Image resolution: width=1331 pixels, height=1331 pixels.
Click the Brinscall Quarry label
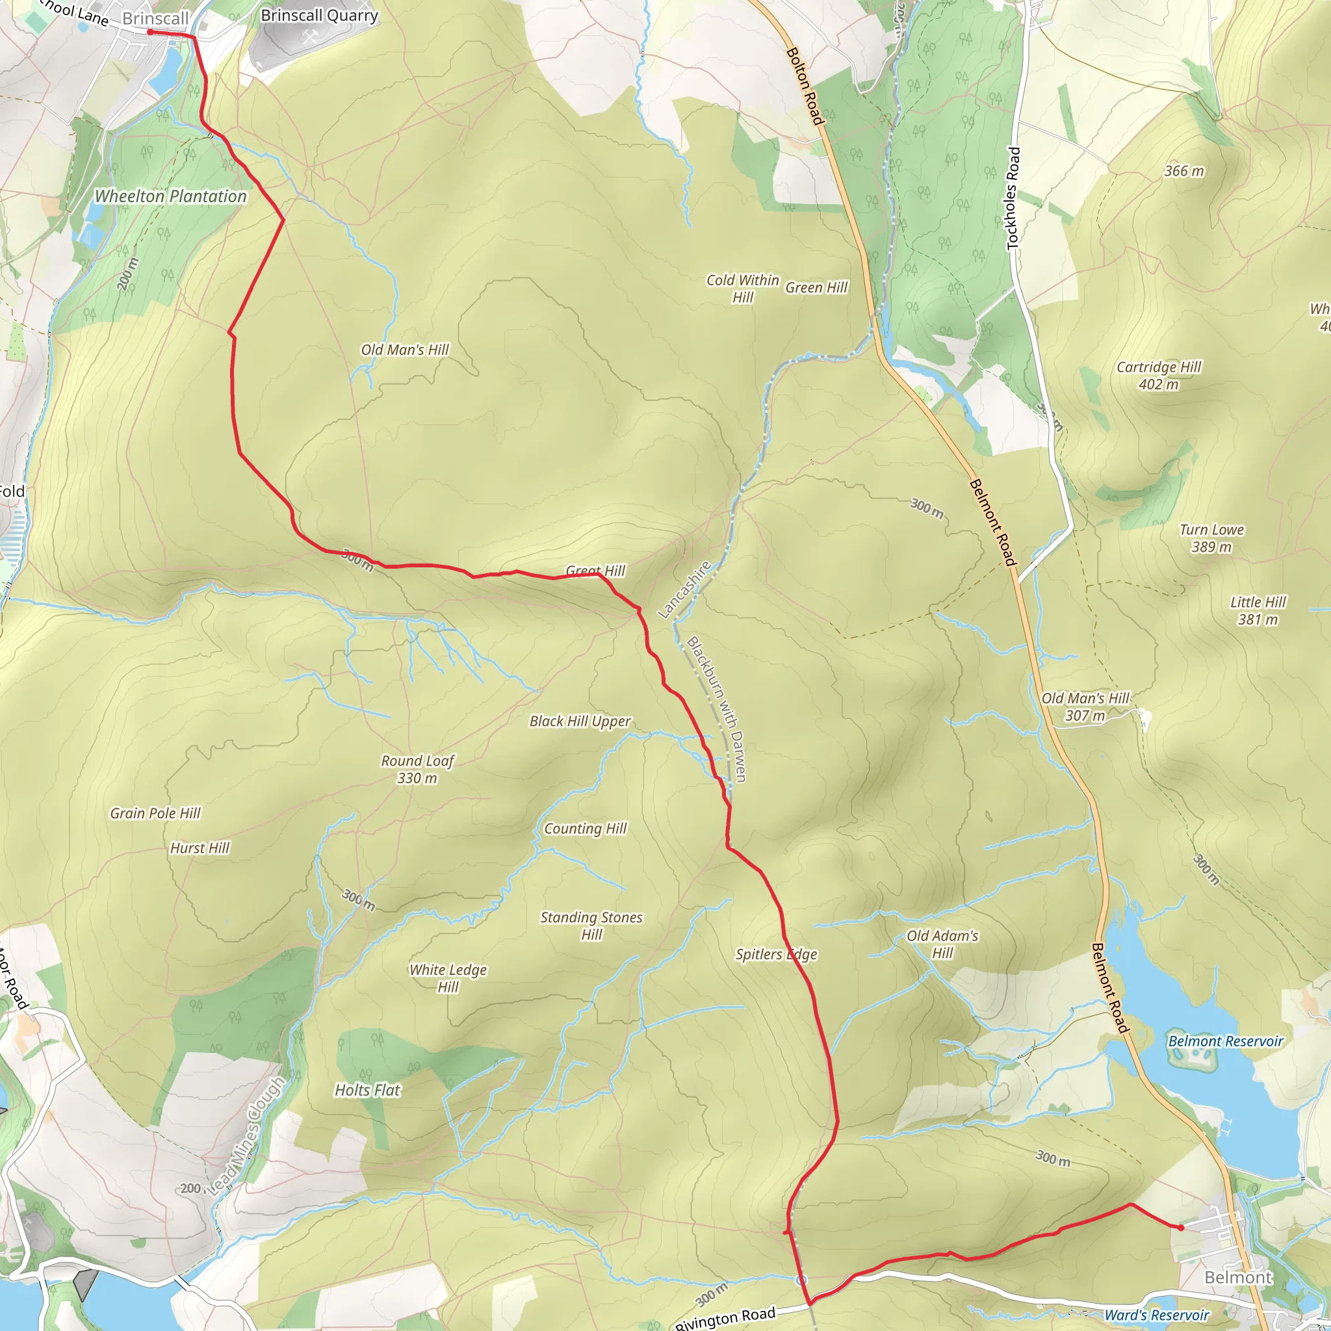319,15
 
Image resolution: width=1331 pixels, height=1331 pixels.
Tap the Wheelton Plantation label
170,196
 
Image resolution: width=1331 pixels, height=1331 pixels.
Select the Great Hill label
595,571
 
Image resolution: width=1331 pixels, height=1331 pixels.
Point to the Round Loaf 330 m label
417,769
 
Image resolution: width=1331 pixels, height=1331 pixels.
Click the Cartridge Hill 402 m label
1159,376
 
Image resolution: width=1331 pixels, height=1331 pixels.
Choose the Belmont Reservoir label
1226,1041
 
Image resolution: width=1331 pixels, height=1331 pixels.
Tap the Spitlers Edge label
776,954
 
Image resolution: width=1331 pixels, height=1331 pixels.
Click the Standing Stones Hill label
591,925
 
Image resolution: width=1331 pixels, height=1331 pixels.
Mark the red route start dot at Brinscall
149,32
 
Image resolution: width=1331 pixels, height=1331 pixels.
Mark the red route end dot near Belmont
1181,1228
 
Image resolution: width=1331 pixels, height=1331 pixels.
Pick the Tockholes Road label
1012,198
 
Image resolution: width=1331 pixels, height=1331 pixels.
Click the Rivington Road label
725,1317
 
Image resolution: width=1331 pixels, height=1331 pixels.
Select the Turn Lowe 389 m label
1212,538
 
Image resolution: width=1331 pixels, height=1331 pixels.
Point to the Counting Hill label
585,829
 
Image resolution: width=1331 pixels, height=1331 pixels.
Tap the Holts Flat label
367,1090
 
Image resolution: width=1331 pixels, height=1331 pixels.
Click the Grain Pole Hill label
155,813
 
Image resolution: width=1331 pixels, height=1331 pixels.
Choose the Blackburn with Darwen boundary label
716,709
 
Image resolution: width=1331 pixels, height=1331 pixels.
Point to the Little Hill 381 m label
1258,610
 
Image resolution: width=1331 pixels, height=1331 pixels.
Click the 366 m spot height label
1184,171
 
